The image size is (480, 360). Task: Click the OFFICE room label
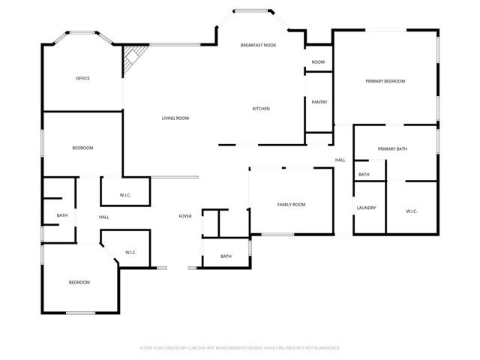click(x=82, y=78)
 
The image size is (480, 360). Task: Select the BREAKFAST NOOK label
click(x=258, y=46)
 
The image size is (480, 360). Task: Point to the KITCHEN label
click(x=261, y=109)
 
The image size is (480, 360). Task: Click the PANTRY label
click(x=319, y=102)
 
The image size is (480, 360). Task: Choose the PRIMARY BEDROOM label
click(x=385, y=81)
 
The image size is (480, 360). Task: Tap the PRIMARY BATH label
click(x=392, y=149)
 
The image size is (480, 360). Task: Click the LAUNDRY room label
click(x=366, y=208)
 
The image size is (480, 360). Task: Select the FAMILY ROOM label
click(x=291, y=205)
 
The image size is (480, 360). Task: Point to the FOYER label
click(x=184, y=216)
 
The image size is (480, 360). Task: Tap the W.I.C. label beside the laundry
click(x=412, y=211)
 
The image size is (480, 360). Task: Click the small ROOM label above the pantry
click(x=318, y=61)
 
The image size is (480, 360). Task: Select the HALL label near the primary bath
click(x=340, y=160)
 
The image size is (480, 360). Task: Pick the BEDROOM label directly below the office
click(x=82, y=148)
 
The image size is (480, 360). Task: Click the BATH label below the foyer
click(x=226, y=256)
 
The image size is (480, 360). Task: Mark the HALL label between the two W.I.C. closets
click(x=103, y=217)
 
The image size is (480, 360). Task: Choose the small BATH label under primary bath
click(x=364, y=175)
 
